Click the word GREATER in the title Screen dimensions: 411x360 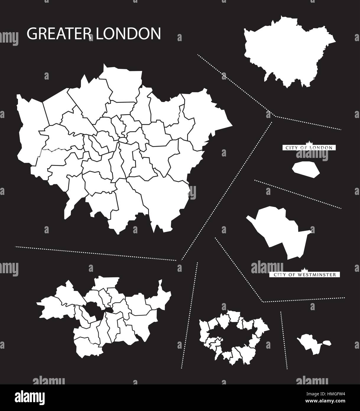(57, 34)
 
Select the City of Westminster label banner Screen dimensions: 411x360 (304, 275)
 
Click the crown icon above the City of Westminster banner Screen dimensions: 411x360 (304, 270)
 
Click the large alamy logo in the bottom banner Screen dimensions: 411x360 (30, 398)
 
